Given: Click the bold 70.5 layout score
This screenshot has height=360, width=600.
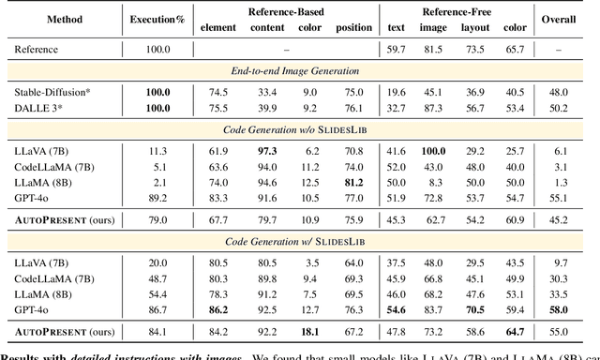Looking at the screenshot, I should point(476,308).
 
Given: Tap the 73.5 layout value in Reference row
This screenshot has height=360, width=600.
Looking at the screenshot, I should point(476,49).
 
